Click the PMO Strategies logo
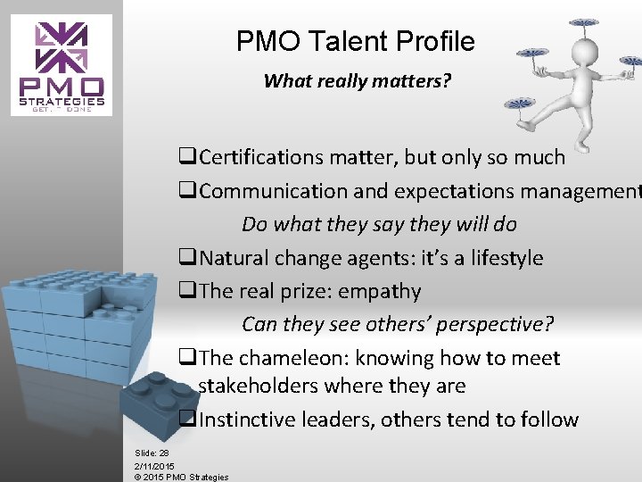pyautogui.click(x=62, y=64)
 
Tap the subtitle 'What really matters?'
pyautogui.click(x=357, y=81)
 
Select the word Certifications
pyautogui.click(x=262, y=158)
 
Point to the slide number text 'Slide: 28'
pyautogui.click(x=152, y=453)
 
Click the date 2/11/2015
pyautogui.click(x=154, y=465)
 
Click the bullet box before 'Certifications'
pyautogui.click(x=185, y=159)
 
